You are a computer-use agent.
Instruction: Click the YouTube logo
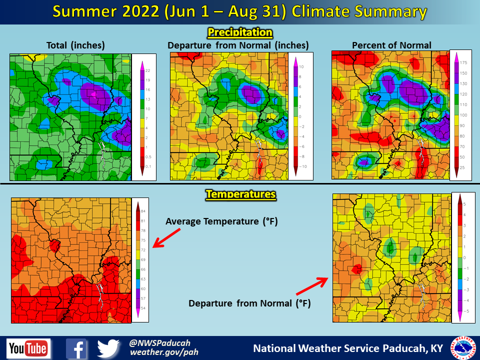coord(28,348)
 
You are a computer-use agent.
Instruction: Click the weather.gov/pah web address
coord(164,352)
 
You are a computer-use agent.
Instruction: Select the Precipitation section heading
coord(240,33)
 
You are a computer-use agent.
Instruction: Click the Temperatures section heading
coord(240,193)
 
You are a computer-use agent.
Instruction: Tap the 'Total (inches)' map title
coord(75,45)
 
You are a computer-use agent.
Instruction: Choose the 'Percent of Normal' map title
coord(391,45)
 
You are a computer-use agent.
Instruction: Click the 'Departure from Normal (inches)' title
coord(238,45)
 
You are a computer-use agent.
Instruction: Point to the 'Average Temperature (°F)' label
coord(221,221)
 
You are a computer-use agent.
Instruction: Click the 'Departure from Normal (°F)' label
coord(250,303)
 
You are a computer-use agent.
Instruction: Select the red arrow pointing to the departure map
coord(311,284)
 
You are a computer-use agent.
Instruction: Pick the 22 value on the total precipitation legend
coord(148,70)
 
